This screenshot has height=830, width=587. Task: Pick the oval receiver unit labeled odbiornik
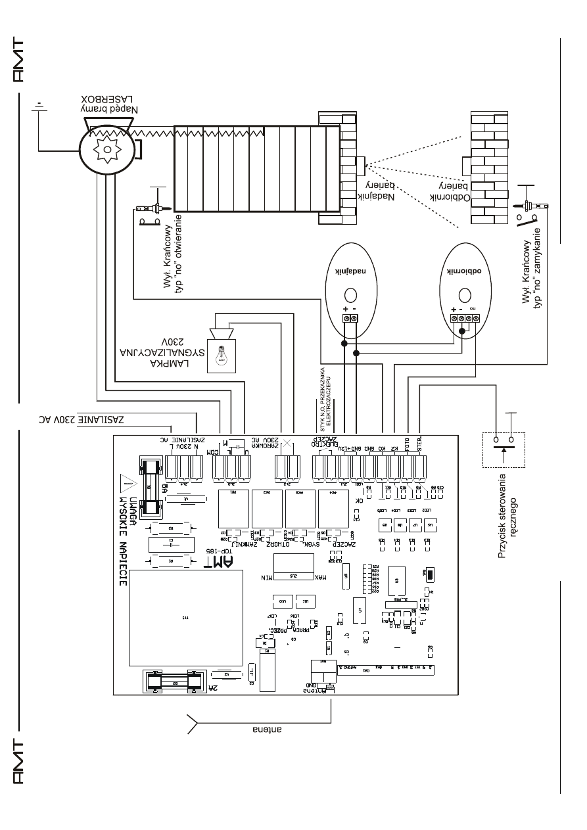coord(465,287)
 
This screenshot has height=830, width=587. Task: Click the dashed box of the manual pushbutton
coord(504,450)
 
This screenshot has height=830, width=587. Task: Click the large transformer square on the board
coord(184,618)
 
